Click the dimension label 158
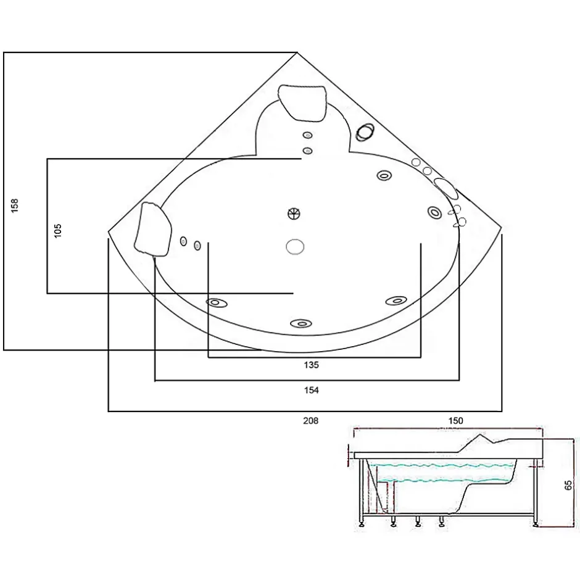pyautogui.click(x=14, y=205)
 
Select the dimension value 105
pyautogui.click(x=58, y=231)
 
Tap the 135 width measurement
pyautogui.click(x=311, y=365)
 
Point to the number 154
pyautogui.click(x=311, y=390)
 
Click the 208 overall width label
pyautogui.click(x=311, y=421)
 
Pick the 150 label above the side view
pyautogui.click(x=455, y=421)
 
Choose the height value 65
pyautogui.click(x=568, y=485)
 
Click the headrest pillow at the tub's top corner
pyautogui.click(x=303, y=103)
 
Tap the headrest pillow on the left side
pyautogui.click(x=153, y=229)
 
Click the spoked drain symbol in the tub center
pyautogui.click(x=294, y=213)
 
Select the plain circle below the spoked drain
pyautogui.click(x=295, y=247)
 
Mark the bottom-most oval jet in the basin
pyautogui.click(x=301, y=324)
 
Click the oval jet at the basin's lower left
pyautogui.click(x=217, y=303)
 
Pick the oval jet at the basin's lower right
pyautogui.click(x=396, y=300)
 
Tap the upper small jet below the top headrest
pyautogui.click(x=307, y=135)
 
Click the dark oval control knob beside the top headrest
pyautogui.click(x=365, y=132)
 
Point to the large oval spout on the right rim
pyautogui.click(x=446, y=188)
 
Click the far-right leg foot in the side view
pyautogui.click(x=535, y=523)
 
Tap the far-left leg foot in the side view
pyautogui.click(x=361, y=523)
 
